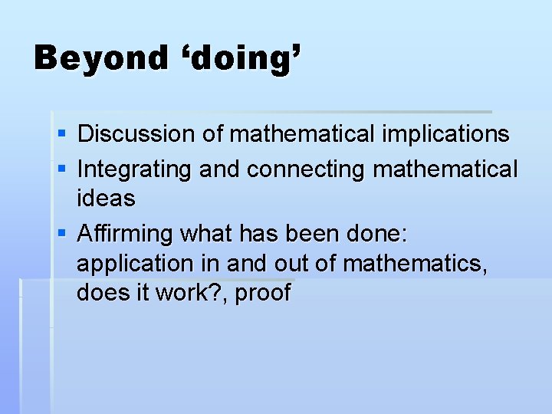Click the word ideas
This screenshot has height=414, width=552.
(106, 199)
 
